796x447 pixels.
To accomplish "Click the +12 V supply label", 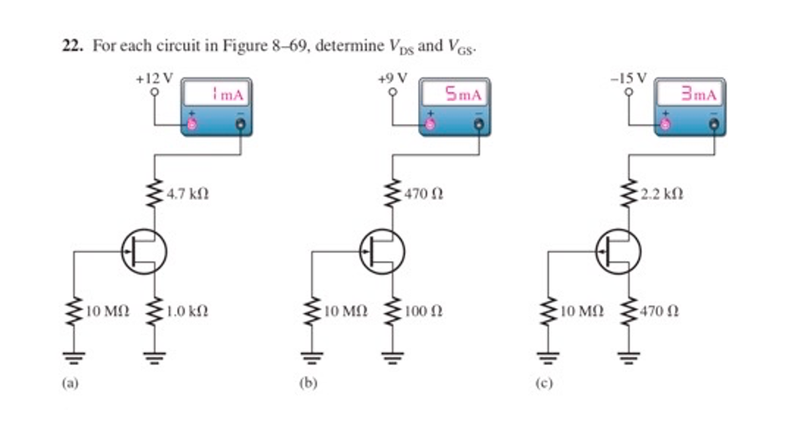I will point(154,79).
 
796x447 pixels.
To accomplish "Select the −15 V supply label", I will point(628,79).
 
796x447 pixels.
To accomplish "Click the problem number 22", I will point(72,46).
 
